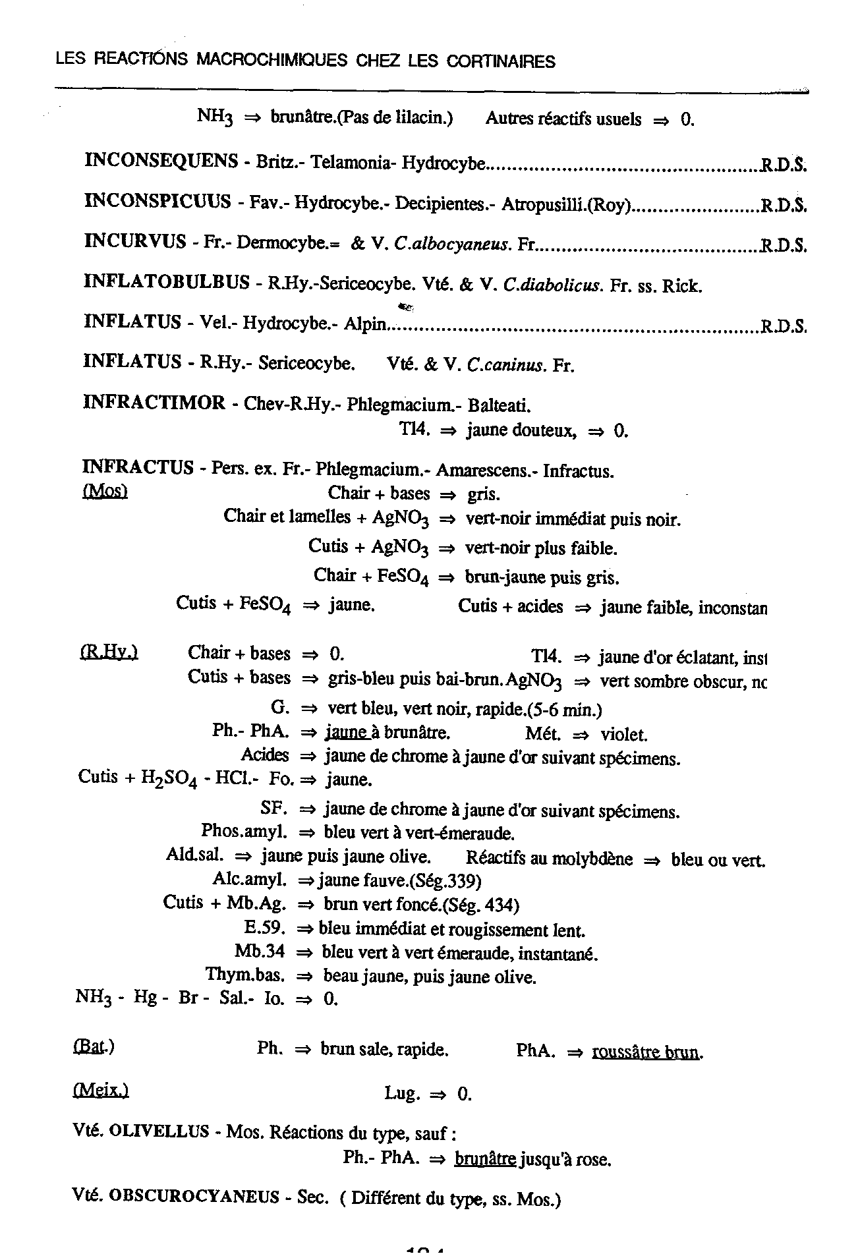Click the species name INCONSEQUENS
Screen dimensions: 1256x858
(x=161, y=161)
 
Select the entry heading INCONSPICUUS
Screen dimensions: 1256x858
(x=157, y=201)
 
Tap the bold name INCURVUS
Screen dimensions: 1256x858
(x=135, y=241)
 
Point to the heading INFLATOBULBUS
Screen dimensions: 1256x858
(x=167, y=283)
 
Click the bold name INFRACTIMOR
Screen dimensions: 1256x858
(x=154, y=403)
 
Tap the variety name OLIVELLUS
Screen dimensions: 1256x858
(x=159, y=1132)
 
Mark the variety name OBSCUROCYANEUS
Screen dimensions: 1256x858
(x=194, y=1197)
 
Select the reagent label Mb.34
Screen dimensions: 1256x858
(x=260, y=952)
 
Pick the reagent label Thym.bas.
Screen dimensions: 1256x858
(x=245, y=975)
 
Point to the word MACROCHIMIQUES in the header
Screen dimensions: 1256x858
(x=273, y=61)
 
